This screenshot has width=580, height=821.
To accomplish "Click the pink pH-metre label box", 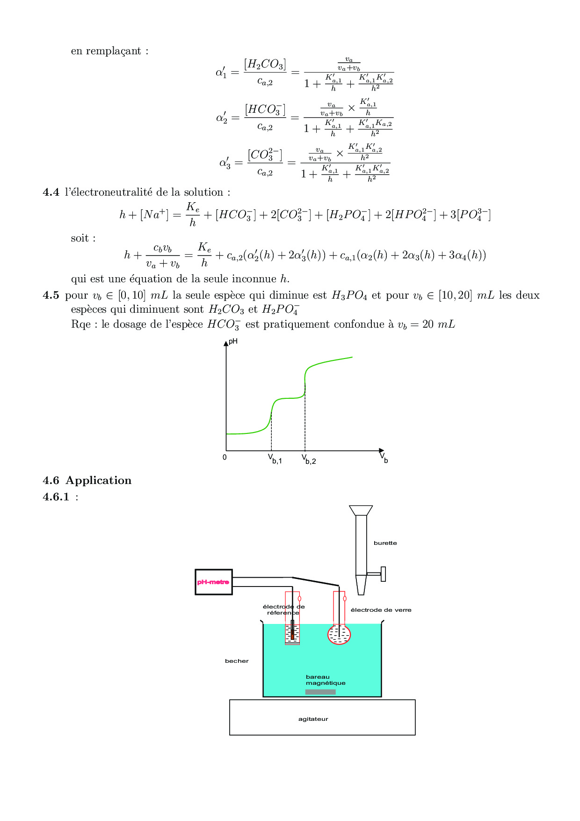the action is point(213,582).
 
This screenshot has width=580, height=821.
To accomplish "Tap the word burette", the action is point(385,543).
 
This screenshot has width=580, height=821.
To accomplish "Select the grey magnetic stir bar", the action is point(320,692).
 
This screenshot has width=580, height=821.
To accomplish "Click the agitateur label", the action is point(313,719).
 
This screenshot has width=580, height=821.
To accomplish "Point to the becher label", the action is point(237,661).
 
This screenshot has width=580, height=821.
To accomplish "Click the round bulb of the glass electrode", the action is point(339,635).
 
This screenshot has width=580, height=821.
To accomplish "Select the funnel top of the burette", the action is point(361,510).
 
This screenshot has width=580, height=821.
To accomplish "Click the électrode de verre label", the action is point(381,610).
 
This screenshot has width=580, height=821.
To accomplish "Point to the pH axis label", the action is point(233,342).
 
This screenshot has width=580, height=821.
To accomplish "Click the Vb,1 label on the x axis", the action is point(275,459).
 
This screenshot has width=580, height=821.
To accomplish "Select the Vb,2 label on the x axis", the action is point(309,459).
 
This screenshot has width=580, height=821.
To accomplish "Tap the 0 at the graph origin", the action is point(225,457).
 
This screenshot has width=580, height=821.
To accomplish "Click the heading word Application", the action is point(99,481).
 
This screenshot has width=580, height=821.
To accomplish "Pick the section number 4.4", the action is point(51,192).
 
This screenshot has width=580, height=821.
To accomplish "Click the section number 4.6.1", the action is point(56,497).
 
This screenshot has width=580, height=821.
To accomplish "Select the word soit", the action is point(80,238).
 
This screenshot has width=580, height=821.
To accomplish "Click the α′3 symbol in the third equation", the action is point(225,163).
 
